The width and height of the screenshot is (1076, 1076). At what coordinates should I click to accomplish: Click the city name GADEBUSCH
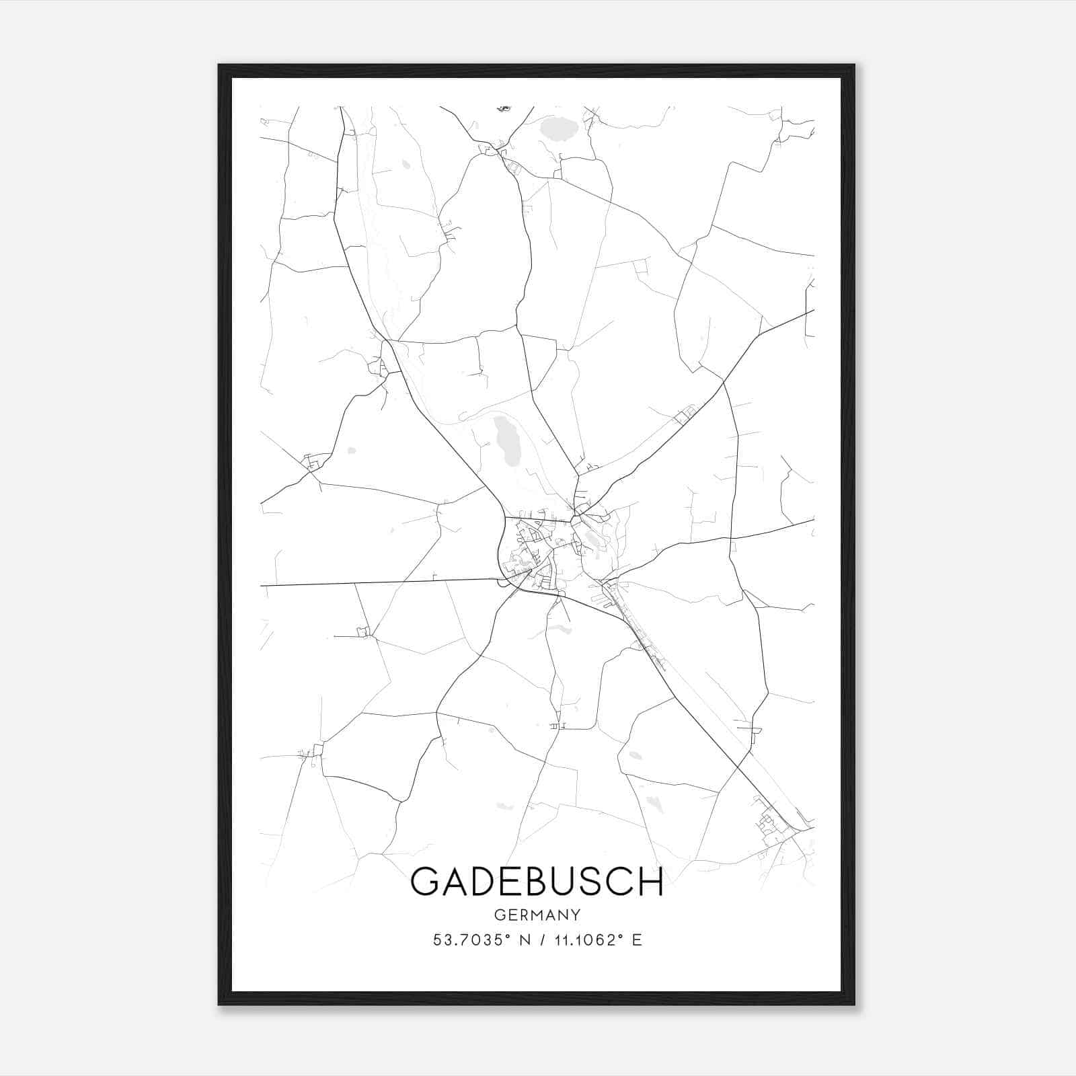click(537, 882)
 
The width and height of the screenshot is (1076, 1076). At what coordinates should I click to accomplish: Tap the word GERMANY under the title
click(537, 915)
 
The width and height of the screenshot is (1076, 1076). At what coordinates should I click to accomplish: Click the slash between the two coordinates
click(541, 940)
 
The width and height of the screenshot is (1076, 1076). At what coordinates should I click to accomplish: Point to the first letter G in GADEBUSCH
click(425, 882)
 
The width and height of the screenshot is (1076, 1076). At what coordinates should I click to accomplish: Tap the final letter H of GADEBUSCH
click(650, 882)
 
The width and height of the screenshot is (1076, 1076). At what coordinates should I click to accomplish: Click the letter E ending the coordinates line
click(637, 940)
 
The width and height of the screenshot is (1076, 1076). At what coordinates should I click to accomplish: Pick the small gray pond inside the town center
click(592, 538)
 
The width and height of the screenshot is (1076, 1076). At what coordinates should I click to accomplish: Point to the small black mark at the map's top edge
click(504, 108)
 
